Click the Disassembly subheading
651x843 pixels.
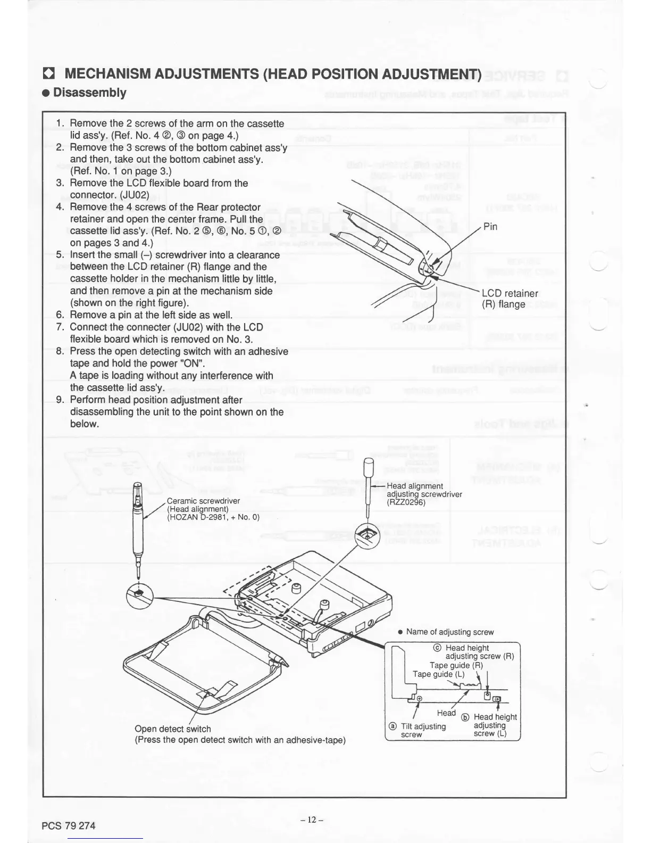pos(90,93)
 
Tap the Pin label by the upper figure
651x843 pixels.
pos(490,227)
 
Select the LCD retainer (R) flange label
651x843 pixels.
pos(510,299)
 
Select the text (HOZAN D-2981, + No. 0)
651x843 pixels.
pos(213,517)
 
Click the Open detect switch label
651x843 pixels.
pos(173,729)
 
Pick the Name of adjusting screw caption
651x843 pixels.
pos(449,632)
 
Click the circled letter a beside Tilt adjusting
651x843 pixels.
pos(393,726)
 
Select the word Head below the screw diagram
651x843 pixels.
pos(446,713)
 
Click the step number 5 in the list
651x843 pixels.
pos(60,255)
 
